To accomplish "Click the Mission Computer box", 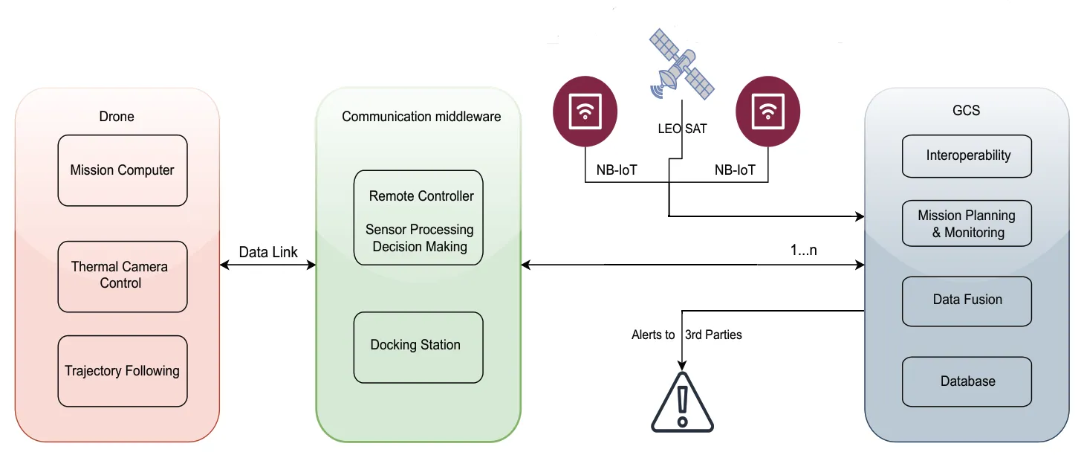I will coord(123,170).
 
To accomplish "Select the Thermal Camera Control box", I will coord(123,276).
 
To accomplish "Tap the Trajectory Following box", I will coord(123,371).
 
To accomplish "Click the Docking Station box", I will coord(418,346).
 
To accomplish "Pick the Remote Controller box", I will coord(418,217).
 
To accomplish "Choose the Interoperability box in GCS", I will coord(967,156).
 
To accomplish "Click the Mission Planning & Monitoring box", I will coord(967,224).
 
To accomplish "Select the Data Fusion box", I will coord(967,300).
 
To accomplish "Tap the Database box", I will coord(967,381).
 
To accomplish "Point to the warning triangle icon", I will coord(682,403).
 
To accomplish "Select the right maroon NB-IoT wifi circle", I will coord(767,111).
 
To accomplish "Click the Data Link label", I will coord(268,253).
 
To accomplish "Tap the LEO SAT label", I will coord(682,129).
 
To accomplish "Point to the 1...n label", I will coord(803,251).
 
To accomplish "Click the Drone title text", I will coord(117,117).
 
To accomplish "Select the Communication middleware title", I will coord(421,117).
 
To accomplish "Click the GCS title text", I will coord(966,111).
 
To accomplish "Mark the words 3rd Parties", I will coord(713,335).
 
